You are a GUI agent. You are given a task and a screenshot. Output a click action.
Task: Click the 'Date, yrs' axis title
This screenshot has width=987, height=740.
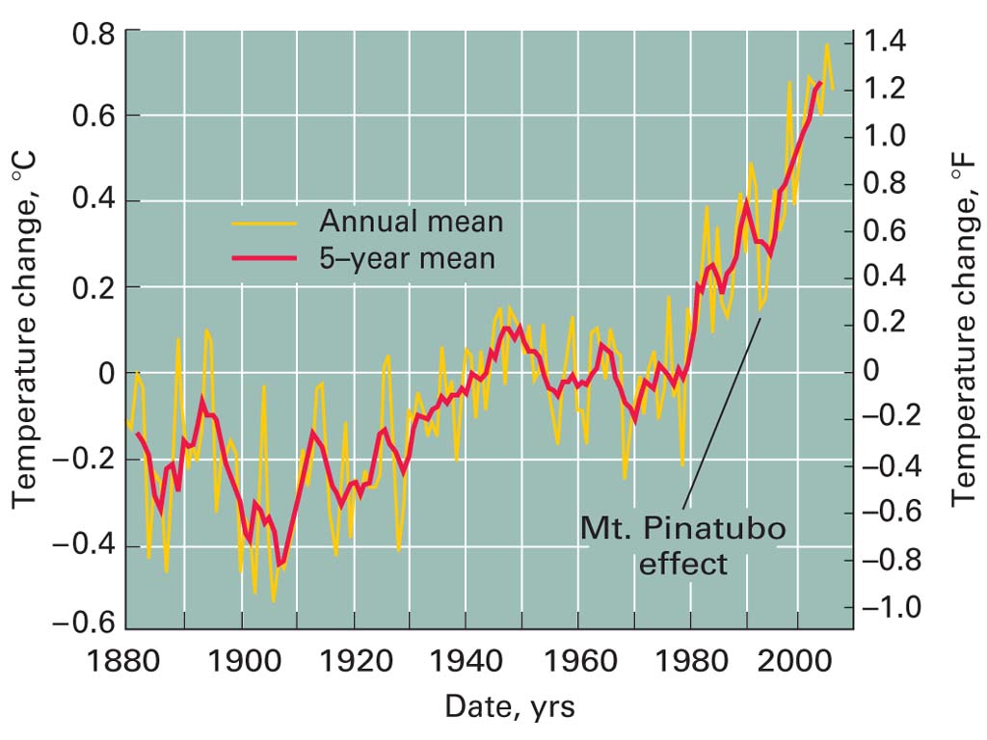point(509,707)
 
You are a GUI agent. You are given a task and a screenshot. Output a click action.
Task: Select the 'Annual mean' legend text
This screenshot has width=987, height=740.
point(411,222)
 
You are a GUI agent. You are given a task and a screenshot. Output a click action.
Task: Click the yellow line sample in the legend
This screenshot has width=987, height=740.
point(263,223)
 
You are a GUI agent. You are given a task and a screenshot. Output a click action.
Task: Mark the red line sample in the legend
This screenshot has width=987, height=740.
point(263,259)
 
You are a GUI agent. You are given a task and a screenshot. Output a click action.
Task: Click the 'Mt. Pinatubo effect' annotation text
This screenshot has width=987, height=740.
point(682,544)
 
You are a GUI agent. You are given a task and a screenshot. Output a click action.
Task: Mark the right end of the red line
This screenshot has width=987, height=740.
point(820,83)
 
